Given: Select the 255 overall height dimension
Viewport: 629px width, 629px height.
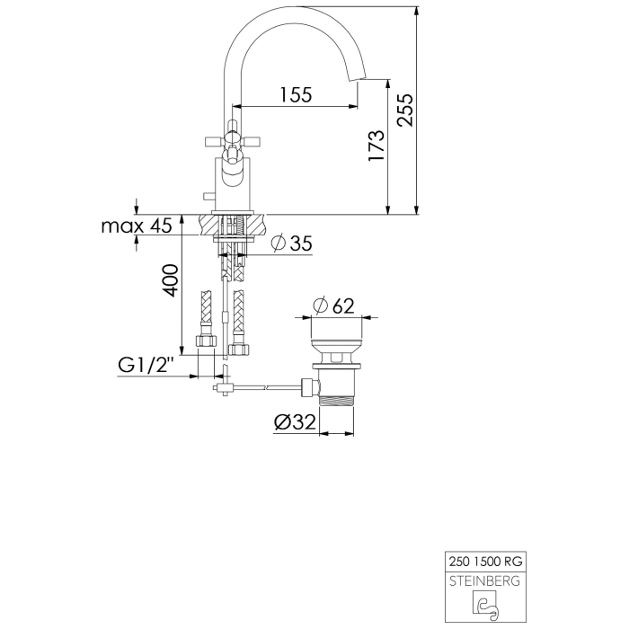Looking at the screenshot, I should (x=405, y=111).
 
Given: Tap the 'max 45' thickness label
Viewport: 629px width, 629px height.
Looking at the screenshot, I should (x=136, y=226).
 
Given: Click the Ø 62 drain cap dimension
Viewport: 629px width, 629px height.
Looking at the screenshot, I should (x=333, y=306).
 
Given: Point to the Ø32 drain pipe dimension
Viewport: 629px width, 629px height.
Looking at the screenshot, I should (x=294, y=421).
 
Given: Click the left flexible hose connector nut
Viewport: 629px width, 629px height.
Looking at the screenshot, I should (x=204, y=342).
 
